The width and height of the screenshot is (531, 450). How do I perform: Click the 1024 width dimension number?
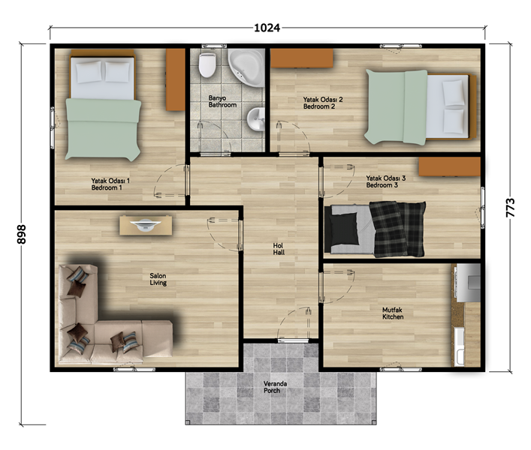(267, 28)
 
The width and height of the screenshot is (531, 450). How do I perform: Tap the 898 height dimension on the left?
(21, 234)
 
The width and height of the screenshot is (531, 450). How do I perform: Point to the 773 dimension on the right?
(510, 208)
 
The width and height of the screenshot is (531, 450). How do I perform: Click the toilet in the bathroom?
(207, 65)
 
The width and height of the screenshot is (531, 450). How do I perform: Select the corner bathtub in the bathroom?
(246, 67)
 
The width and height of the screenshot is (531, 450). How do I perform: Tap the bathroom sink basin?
(255, 119)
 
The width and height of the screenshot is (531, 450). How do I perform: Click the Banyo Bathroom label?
(222, 101)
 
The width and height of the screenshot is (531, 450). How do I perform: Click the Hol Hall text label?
(279, 249)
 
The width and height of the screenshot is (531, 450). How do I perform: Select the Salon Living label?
(158, 279)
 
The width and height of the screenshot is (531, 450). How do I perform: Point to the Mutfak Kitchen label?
(393, 313)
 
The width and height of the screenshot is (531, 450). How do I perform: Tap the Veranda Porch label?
(275, 387)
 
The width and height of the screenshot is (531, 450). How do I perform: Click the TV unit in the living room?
(146, 225)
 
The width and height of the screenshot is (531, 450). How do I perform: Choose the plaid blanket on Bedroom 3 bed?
(397, 229)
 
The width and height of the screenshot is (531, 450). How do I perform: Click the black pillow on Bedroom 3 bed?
(345, 229)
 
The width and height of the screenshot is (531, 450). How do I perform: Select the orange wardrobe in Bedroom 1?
(175, 79)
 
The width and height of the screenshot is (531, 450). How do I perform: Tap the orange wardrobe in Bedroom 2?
(302, 58)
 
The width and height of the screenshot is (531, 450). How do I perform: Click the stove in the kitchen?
(469, 283)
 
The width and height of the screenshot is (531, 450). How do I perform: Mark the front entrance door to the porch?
(293, 340)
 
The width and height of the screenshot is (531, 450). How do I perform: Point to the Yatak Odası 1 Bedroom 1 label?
(110, 184)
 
